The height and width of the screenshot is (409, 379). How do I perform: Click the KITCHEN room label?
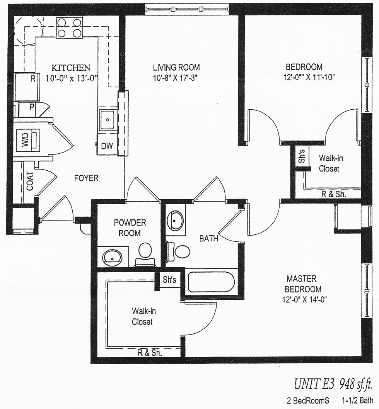pos(71,68)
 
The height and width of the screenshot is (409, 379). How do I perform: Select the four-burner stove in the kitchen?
pos(69,28)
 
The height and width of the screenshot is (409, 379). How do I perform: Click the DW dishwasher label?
pos(107,146)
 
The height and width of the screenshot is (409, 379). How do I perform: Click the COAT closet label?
pos(30,181)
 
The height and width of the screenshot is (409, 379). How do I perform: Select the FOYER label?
pos(86,178)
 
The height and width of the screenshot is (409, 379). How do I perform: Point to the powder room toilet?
pos(145,255)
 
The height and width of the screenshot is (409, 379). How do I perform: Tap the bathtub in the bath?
pos(211,282)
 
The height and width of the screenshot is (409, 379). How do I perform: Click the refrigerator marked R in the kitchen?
pos(27,87)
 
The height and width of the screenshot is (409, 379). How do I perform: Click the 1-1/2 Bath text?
pos(357,400)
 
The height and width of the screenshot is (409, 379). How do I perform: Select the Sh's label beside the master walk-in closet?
pos(169,280)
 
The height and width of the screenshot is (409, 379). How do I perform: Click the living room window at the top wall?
pos(187,9)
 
